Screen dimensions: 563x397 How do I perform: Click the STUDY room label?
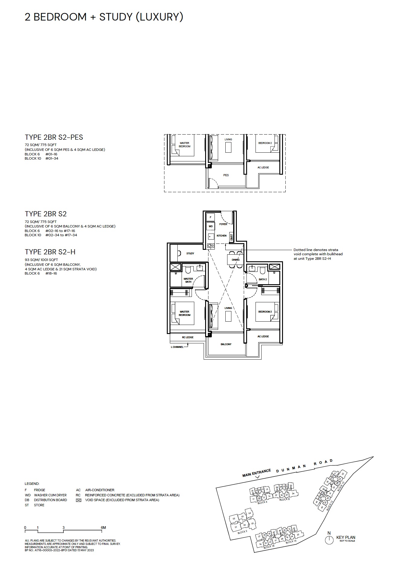tap(190, 253)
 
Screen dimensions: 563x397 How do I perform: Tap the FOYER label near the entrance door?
tap(223, 224)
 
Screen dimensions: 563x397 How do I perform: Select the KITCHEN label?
tap(221, 236)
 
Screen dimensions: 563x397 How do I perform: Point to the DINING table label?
tap(236, 260)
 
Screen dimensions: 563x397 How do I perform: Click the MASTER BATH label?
tap(188, 280)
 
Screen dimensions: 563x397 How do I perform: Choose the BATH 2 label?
tap(263, 279)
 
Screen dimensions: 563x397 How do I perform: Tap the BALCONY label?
tap(226, 344)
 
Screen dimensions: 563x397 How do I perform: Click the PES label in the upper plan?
tap(226, 175)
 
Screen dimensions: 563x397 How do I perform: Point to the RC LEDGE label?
tap(188, 337)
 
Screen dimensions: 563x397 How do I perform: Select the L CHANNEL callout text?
tap(177, 347)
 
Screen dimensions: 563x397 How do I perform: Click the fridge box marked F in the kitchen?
tap(210, 217)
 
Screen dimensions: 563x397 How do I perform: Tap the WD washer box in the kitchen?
tap(211, 226)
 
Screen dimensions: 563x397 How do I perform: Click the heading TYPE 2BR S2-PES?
tap(54, 137)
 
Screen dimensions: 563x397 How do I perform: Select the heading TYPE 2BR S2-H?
tap(50, 252)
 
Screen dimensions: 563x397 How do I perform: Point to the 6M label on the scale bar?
tap(103, 528)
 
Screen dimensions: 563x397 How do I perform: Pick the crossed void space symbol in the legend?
tap(79, 500)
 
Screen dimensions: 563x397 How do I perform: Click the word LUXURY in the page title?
tap(159, 17)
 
